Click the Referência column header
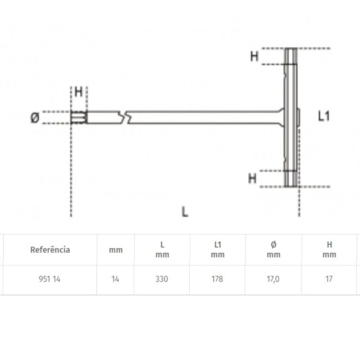pos(50,250)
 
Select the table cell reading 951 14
pos(50,279)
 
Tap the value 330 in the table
pos(162,279)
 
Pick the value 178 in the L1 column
pos(218,279)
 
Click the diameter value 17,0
pos(273,279)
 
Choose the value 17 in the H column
pos(329,279)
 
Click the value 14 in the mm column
pos(115,279)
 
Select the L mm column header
pos(162,249)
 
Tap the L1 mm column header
pos(218,249)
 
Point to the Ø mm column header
pos(273,249)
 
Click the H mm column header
pos(329,249)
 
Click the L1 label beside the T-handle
pos(324,116)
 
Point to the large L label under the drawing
pos(184,211)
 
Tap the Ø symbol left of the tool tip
pos(34,117)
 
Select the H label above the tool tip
pos(79,92)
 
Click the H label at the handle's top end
pos(254,56)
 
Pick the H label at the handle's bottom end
pos(253,178)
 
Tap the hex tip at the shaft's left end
pos(78,117)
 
